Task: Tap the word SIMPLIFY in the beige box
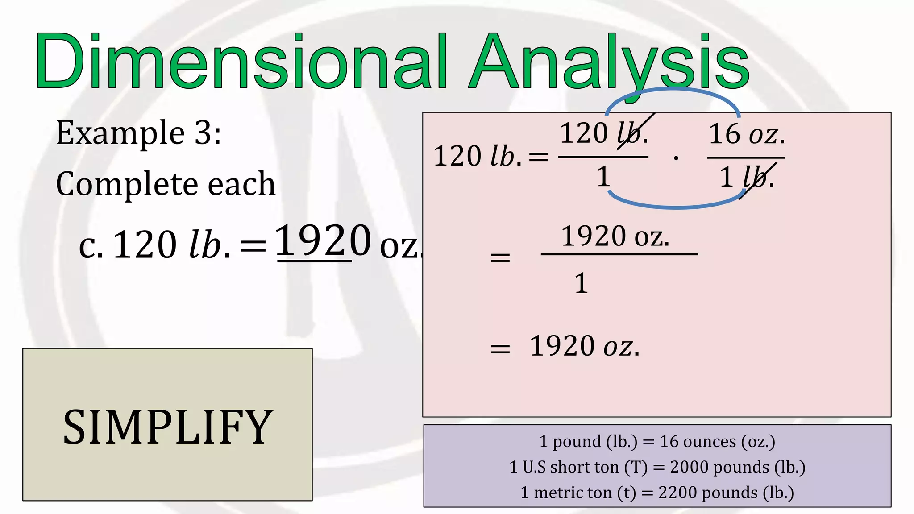168,427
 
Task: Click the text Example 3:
138,133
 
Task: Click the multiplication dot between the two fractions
676,158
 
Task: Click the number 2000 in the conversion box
689,467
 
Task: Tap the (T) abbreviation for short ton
636,467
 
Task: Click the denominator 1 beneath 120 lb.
603,176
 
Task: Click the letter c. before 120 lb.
91,245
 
